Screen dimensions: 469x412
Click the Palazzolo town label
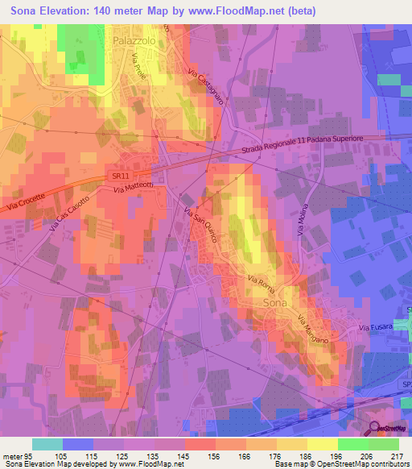[x=134, y=38]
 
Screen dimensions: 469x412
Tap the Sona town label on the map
[x=276, y=302]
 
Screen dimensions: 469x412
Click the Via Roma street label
[x=262, y=284]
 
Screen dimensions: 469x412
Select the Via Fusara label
[x=376, y=327]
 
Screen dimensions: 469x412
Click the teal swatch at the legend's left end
[x=47, y=444]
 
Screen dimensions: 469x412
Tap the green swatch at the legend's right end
[x=384, y=444]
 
